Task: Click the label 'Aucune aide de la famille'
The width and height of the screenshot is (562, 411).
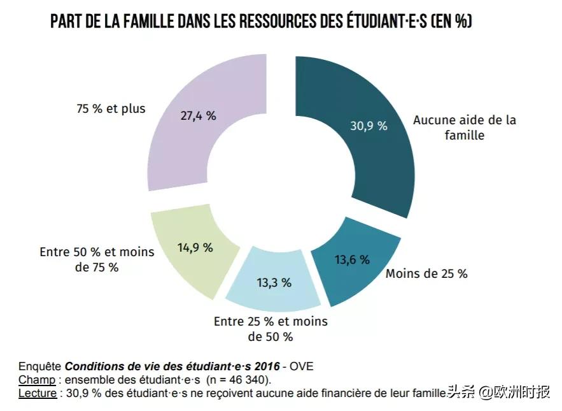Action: point(465,127)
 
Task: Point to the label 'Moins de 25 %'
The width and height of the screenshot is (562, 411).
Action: point(426,274)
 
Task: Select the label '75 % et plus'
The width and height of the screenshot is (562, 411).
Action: point(111,108)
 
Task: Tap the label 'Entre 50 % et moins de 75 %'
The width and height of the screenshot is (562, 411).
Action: point(97,259)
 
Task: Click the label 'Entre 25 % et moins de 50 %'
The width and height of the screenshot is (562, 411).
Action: point(270,329)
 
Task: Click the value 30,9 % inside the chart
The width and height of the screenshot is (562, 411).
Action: point(369,126)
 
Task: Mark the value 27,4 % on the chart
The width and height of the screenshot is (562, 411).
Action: point(197,115)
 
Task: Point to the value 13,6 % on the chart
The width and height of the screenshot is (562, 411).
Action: point(352,259)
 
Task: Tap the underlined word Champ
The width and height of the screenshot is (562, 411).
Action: point(36,380)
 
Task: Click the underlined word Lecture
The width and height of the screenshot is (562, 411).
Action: point(38,393)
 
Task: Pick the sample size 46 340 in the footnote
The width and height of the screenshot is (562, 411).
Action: point(245,380)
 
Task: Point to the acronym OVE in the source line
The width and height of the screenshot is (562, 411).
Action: point(302,366)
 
